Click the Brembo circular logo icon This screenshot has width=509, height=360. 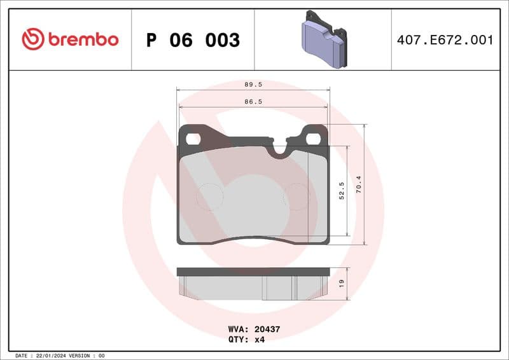[33, 39]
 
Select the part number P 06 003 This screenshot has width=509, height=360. [193, 40]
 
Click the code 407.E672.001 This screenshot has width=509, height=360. [445, 40]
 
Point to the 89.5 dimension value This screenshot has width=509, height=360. [253, 84]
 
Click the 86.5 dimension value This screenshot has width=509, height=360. [253, 101]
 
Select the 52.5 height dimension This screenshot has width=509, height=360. [342, 191]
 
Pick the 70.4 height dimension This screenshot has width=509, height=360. [359, 184]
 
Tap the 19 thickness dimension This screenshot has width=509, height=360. [342, 283]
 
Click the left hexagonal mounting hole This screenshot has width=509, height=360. [193, 139]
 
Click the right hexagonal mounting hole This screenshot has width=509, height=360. [314, 139]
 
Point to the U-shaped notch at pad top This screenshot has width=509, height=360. [279, 150]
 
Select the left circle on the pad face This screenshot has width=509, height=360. [209, 197]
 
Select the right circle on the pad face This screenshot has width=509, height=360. [296, 197]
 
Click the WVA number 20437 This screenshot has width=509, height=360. [266, 330]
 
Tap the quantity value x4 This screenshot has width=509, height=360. [260, 340]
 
